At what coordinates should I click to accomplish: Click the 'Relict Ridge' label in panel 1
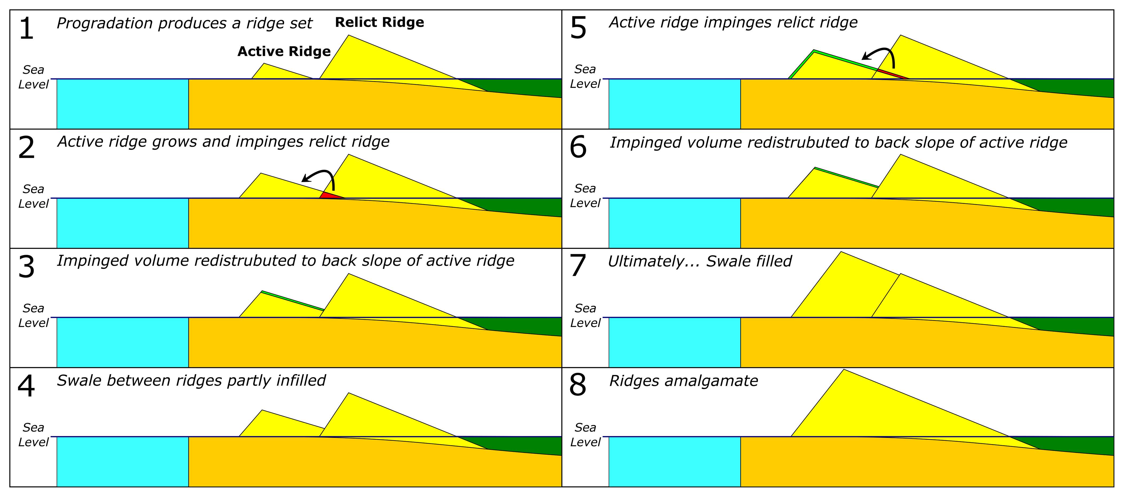[379, 22]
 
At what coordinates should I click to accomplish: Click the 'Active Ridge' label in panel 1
[284, 52]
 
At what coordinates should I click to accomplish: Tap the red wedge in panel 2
[329, 195]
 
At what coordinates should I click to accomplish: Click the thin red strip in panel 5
[892, 74]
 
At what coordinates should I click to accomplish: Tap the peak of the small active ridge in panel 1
[265, 64]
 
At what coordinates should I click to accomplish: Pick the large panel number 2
[26, 148]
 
